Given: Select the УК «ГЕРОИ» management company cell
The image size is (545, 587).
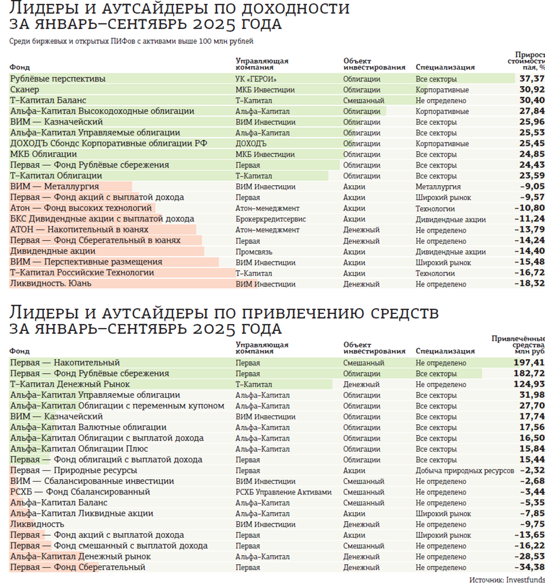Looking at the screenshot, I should [x=256, y=79].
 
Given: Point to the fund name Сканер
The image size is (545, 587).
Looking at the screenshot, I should [x=25, y=90].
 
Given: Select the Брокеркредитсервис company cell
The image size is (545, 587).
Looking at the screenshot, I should [x=268, y=219].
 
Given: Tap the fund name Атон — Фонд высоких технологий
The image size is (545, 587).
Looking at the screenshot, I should [x=81, y=208].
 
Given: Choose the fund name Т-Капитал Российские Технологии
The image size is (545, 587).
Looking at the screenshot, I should [x=82, y=272].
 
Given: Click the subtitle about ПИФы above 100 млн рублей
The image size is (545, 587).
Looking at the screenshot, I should [x=132, y=42].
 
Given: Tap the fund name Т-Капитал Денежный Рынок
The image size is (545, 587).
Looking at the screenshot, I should [x=70, y=384].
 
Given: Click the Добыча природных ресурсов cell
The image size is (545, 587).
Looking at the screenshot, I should [x=464, y=470].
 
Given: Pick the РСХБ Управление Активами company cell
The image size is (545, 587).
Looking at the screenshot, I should [x=283, y=492].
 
